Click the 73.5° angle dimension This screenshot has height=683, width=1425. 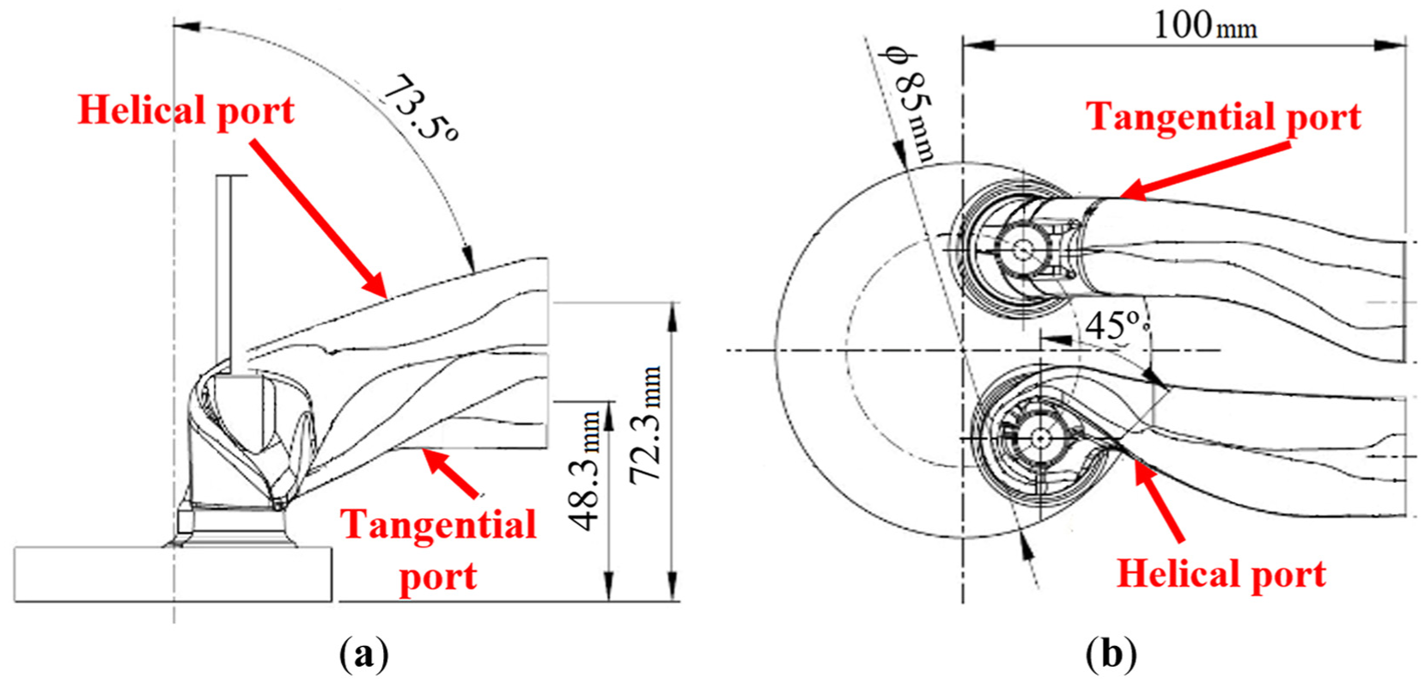coord(420,107)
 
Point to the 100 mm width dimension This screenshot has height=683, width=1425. coord(1205,26)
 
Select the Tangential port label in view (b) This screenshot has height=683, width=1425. coord(1223,117)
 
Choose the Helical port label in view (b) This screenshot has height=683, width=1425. coord(1222,574)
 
